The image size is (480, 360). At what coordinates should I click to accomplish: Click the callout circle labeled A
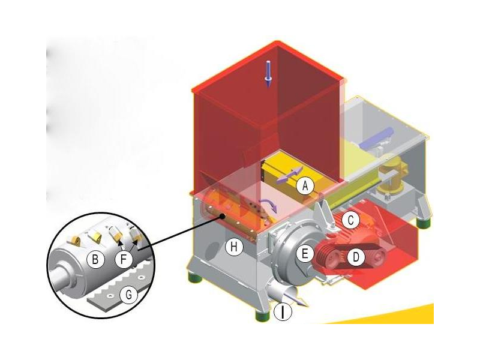pos(305,185)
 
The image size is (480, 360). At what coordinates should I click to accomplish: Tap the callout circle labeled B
pos(95,260)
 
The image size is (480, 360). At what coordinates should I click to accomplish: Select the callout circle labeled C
pos(351,220)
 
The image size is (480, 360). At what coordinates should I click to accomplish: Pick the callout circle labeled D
pos(356,257)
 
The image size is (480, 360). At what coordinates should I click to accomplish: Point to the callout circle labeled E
pos(305,254)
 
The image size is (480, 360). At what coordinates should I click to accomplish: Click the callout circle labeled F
pos(124,260)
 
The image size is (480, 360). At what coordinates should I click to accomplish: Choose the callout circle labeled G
pos(129,295)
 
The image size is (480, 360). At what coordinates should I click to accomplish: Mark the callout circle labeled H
pos(234,247)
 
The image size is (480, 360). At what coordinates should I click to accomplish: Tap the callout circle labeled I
pos(283,312)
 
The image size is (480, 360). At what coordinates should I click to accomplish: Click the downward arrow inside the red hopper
pos(268,73)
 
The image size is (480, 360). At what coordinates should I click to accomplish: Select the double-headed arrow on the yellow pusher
pos(290,175)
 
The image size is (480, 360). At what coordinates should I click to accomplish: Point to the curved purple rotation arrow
pos(269,204)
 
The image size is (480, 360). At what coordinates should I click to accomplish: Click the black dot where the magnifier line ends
pos(223,217)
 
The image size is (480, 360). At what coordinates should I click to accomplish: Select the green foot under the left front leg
pos(194,278)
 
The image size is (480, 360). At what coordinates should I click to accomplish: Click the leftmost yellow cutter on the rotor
pos(74,241)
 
